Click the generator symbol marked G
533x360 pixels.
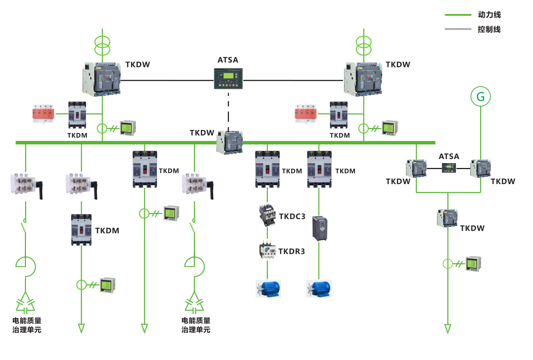tap(481, 97)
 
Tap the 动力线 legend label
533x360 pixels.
tap(489, 15)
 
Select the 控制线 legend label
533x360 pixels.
tap(489, 29)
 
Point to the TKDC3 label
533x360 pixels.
tap(292, 216)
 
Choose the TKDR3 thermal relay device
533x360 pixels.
tap(267, 251)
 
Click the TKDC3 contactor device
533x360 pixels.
tap(267, 215)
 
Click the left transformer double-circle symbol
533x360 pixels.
tap(102, 44)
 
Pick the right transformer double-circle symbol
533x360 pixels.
tap(364, 44)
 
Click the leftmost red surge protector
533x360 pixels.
tap(44, 114)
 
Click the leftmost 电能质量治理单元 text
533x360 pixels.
tap(27, 325)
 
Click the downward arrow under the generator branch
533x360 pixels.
tap(448, 329)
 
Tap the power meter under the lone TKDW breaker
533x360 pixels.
tap(473, 264)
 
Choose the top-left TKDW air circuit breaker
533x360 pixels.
tap(102, 79)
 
